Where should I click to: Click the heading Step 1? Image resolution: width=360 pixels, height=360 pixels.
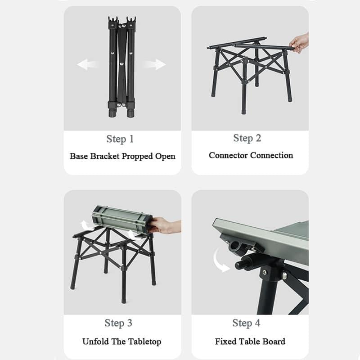coord(120,139)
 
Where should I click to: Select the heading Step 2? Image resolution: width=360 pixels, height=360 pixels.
coord(247,138)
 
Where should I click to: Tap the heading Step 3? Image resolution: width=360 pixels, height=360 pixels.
coord(118,323)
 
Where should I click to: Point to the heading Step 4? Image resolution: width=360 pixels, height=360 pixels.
coord(246,323)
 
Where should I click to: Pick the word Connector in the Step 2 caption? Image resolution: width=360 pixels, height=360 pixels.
coord(228,155)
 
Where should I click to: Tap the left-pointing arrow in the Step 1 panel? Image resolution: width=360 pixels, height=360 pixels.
coord(87,64)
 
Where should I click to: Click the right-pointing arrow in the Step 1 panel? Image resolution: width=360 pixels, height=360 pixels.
coord(154,64)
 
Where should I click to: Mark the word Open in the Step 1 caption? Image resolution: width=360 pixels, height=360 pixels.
coord(165,157)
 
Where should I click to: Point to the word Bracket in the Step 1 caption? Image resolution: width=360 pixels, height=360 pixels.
coord(105,156)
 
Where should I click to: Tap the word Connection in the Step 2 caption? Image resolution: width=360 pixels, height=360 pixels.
coord(272,155)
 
